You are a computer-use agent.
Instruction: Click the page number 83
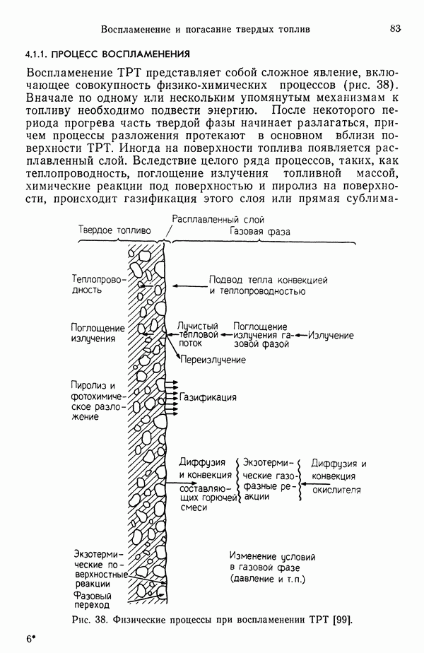tap(394, 28)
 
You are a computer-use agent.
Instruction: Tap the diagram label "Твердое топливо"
tap(114, 230)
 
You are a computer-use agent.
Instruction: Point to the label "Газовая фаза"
tap(259, 231)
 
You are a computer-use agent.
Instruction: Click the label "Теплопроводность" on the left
tap(97, 285)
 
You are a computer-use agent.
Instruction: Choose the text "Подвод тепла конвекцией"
tap(269, 280)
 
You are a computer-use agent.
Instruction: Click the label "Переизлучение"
tap(213, 360)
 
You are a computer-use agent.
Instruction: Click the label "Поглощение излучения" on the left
tap(97, 333)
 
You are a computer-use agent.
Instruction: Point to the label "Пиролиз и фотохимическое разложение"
tap(97, 401)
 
